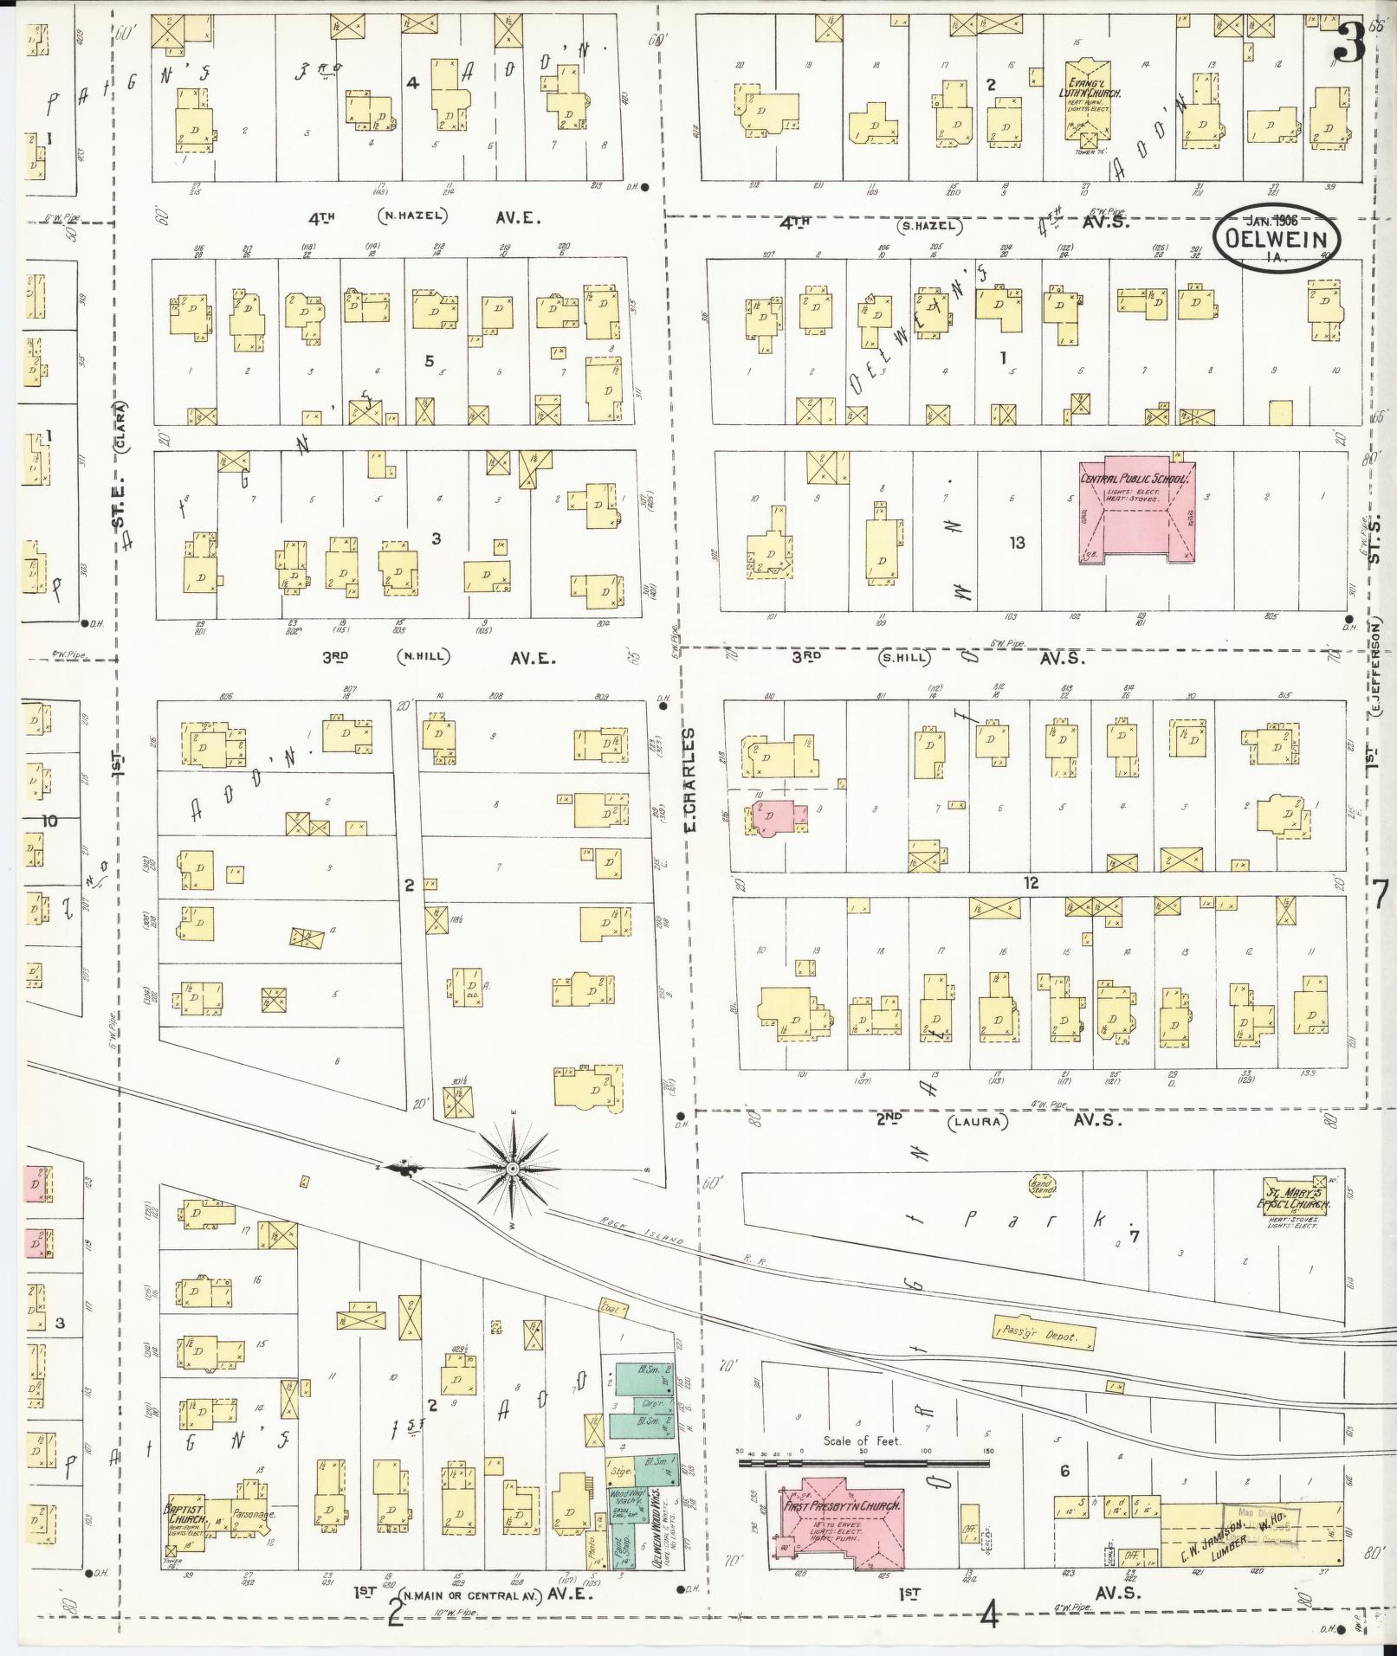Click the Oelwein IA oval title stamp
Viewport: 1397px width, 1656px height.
[x=1277, y=240]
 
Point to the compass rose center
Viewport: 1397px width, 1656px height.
[x=513, y=1170]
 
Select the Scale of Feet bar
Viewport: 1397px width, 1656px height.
[x=863, y=1462]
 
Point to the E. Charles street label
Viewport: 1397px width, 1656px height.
[x=690, y=778]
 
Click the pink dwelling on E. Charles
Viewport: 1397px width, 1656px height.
[x=778, y=816]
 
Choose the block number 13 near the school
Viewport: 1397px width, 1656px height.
[x=1017, y=543]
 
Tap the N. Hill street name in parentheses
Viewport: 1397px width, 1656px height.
[x=424, y=657]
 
